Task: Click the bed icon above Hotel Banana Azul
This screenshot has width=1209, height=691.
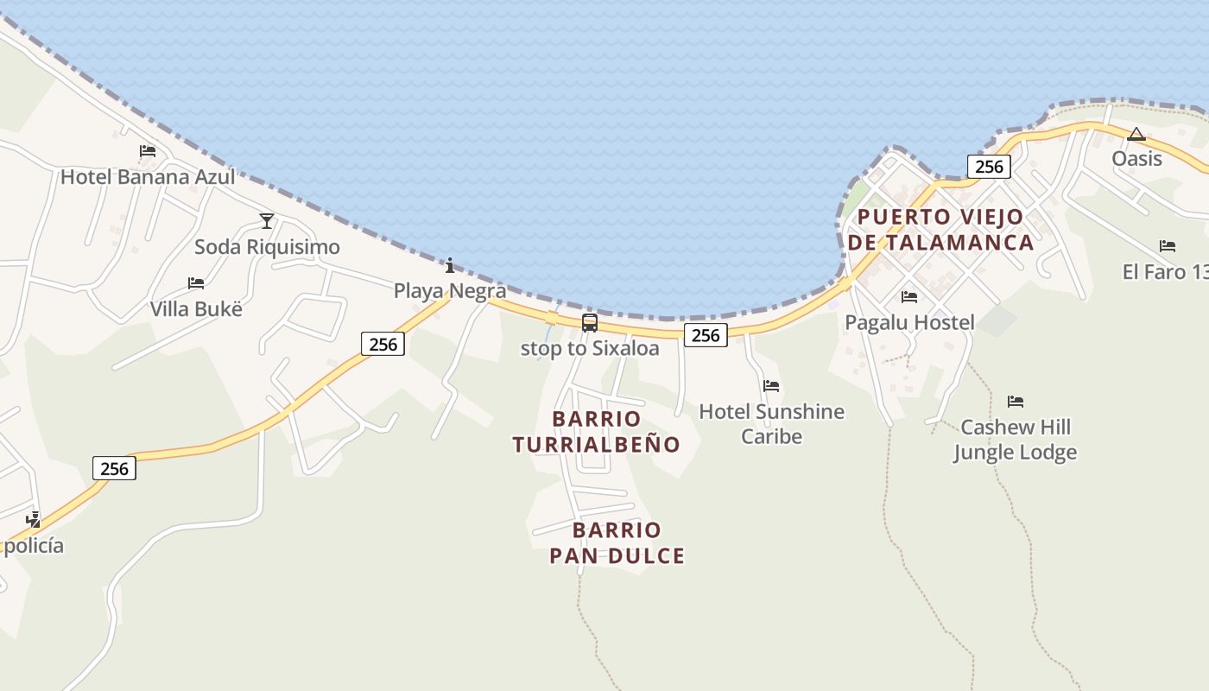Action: (x=148, y=151)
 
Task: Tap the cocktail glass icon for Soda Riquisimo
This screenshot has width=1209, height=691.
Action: (x=267, y=221)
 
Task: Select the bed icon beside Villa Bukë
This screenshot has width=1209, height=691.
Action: (x=196, y=283)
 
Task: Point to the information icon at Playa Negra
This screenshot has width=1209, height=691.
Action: (x=450, y=265)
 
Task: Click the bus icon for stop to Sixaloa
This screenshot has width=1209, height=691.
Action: (x=590, y=323)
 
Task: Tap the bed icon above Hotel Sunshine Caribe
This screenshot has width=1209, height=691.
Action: (x=771, y=386)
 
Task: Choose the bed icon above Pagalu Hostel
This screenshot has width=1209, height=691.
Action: (x=909, y=297)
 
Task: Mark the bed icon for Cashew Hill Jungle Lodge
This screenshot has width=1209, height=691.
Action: (x=1016, y=402)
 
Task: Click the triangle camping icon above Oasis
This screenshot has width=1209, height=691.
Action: (x=1136, y=134)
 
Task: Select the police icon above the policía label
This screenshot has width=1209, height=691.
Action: (x=34, y=519)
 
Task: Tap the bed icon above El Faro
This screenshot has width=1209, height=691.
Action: (x=1168, y=246)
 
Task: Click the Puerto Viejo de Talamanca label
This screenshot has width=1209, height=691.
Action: (x=940, y=230)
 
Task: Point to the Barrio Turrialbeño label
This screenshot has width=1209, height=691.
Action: (x=597, y=432)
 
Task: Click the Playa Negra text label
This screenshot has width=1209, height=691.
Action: (x=450, y=291)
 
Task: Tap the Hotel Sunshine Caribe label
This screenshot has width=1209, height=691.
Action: (x=772, y=423)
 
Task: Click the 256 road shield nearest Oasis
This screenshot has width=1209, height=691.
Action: (x=989, y=167)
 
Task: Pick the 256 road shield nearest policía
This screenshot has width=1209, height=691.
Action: (x=114, y=469)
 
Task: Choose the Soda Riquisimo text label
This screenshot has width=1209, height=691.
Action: (x=267, y=247)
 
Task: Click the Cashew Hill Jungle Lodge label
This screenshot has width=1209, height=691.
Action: (x=1016, y=440)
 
